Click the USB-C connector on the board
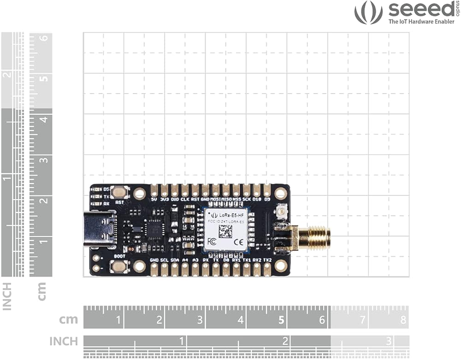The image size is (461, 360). (x=99, y=230)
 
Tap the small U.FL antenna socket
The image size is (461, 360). (x=280, y=212)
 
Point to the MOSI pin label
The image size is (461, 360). (x=216, y=200)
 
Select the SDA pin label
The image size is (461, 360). (x=175, y=260)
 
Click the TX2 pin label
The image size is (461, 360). (x=267, y=260)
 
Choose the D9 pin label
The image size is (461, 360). (x=267, y=200)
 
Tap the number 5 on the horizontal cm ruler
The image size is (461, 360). (x=281, y=319)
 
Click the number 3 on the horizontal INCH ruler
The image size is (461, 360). (x=389, y=341)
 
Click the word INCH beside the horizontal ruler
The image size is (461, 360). (x=64, y=341)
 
